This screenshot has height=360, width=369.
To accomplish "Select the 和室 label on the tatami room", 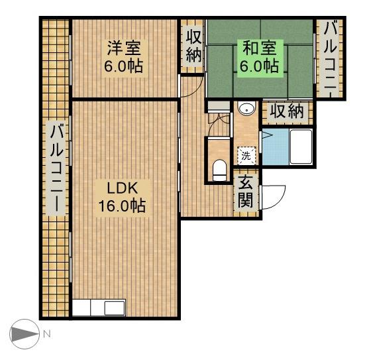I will coord(259,48).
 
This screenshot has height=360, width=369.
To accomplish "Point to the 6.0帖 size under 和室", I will coord(259,66).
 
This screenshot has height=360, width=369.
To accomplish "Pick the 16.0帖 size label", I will coord(122,206).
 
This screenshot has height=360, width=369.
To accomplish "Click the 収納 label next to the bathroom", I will coord(286,112).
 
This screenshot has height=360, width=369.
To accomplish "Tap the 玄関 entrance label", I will coord(246,191).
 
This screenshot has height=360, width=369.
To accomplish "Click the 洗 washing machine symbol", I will coord(246,156).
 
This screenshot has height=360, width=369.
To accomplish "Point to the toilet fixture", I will coord(219,169).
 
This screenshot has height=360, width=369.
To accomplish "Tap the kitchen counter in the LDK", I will coord(99,308).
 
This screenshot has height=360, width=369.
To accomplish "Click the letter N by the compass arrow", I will coord(46,335).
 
